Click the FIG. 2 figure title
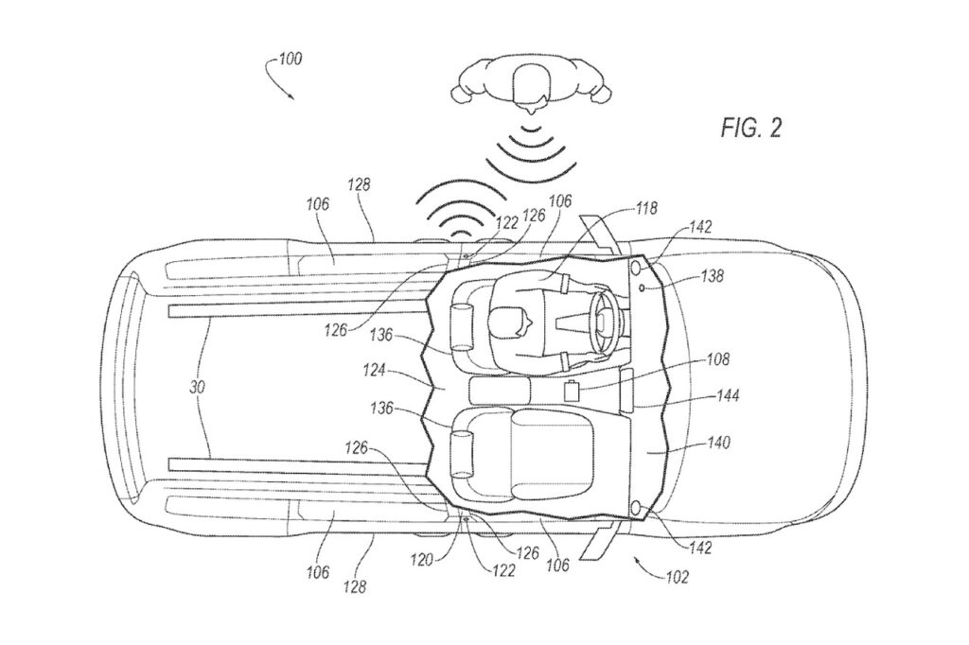click(750, 128)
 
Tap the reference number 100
click(290, 60)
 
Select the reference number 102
click(677, 578)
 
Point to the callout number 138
click(712, 275)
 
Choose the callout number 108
click(717, 359)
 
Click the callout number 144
click(728, 394)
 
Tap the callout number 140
click(718, 443)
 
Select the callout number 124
click(374, 371)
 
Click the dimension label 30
click(197, 388)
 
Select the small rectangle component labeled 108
click(573, 392)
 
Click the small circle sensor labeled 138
click(643, 288)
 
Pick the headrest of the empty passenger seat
click(461, 454)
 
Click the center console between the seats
click(500, 390)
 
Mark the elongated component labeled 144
click(626, 391)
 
